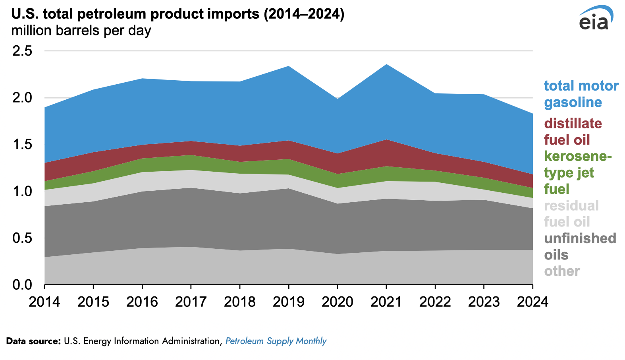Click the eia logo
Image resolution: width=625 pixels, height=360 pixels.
pos(595,19)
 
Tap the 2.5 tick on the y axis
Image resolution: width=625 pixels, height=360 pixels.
pos(22,51)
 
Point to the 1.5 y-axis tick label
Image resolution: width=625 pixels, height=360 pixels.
pos(22,144)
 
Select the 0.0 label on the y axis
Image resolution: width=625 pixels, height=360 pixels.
pos(22,285)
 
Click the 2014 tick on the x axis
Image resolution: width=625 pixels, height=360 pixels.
pos(44,302)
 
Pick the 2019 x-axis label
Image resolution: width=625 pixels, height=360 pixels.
pos(289,302)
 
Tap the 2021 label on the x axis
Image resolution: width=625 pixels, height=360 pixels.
pos(386,302)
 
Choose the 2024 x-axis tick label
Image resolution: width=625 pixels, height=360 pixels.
pos(532,302)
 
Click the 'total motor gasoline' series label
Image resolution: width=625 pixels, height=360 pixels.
pos(581,94)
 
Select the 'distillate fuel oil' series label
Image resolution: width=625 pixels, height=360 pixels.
pos(573,132)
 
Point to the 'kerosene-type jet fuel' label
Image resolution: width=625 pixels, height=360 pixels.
pos(578,172)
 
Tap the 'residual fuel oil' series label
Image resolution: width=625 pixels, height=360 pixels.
pos(571,214)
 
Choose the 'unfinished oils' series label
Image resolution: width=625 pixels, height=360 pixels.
pos(580,246)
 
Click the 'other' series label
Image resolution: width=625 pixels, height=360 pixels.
pos(562,271)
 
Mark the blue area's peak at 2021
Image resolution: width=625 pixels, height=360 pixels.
pos(386,65)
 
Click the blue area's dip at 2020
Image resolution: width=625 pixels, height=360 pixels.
pos(338,99)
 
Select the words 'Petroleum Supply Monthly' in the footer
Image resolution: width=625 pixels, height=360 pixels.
pos(276,341)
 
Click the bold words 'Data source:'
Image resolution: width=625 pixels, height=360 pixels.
pos(33,341)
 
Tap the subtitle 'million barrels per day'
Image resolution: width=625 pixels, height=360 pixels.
pos(81,31)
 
